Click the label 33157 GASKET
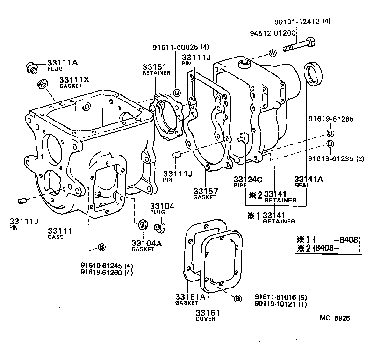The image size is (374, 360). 205,194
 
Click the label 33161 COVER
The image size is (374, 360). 205,315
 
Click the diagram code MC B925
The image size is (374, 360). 335,318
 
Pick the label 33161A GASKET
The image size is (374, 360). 190,300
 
